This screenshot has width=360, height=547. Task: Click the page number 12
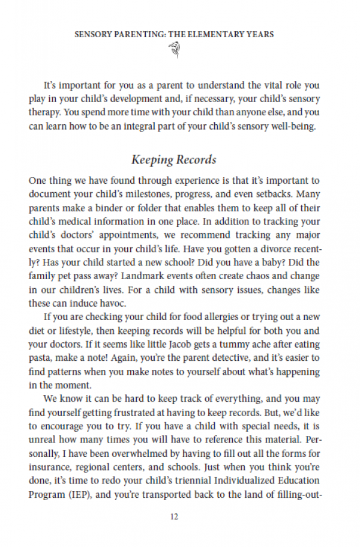tap(174, 516)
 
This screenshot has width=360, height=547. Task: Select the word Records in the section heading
tap(195, 160)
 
